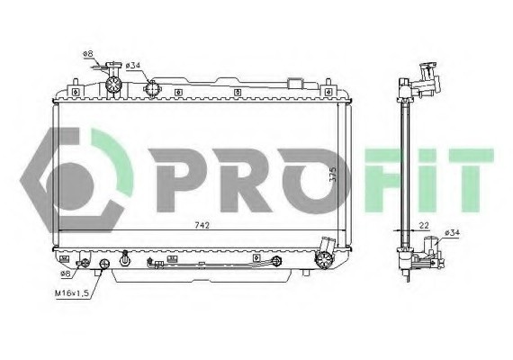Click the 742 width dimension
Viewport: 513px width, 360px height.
click(x=205, y=225)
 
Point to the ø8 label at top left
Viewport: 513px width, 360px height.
click(x=88, y=54)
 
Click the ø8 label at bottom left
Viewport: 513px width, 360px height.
click(x=65, y=273)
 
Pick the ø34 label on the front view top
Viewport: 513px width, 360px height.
click(x=132, y=65)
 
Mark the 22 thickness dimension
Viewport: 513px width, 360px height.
click(x=424, y=225)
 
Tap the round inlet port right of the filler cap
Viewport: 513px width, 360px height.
click(x=152, y=88)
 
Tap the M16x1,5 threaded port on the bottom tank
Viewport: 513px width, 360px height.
click(x=103, y=264)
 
